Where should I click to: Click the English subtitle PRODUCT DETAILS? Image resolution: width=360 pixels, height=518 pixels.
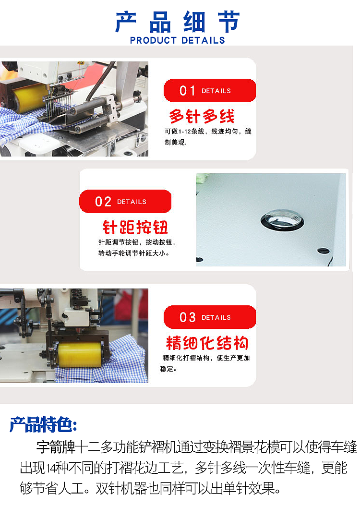[x=178, y=40]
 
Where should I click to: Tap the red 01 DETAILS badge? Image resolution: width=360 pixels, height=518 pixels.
[x=209, y=91]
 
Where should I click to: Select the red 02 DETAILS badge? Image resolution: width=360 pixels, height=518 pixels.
[x=125, y=202]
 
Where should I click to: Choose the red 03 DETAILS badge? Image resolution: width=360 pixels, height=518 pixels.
[x=209, y=317]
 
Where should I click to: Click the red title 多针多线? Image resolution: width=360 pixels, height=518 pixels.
[x=202, y=117]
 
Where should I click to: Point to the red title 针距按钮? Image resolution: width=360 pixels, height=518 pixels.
[x=135, y=227]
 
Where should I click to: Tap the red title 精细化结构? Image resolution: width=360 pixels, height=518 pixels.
[x=207, y=343]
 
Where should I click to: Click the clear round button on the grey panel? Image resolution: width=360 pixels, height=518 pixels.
[x=282, y=219]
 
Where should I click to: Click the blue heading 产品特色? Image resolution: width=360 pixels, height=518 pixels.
[x=43, y=425]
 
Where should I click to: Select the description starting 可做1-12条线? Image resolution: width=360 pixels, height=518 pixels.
[x=208, y=131]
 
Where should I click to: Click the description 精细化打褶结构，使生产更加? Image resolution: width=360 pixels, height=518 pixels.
[x=206, y=358]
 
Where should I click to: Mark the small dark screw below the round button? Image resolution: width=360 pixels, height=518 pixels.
[x=324, y=251]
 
